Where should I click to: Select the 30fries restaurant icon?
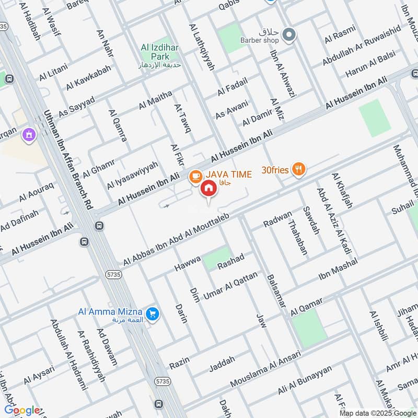tap(299, 169)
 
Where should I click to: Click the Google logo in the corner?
tap(22, 410)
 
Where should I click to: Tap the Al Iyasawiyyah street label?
tap(132, 175)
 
